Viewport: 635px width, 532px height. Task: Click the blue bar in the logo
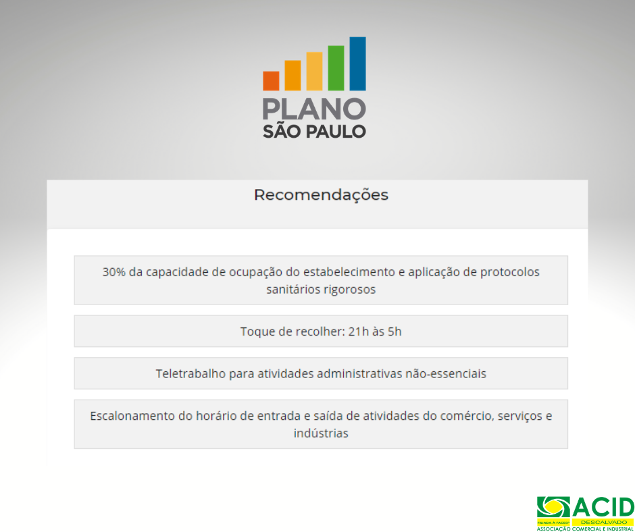click(357, 63)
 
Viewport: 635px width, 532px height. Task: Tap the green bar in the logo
click(336, 68)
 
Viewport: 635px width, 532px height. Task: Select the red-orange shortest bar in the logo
click(271, 81)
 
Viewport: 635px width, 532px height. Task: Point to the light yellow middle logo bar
click(314, 72)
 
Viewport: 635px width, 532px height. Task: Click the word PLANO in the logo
click(314, 109)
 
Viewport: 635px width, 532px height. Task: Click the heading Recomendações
click(321, 195)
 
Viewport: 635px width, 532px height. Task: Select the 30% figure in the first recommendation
click(114, 271)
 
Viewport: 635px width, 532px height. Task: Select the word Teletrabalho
click(191, 373)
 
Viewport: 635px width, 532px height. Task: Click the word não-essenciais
click(446, 373)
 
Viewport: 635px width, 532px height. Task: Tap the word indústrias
click(321, 433)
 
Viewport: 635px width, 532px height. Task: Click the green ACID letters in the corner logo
click(603, 507)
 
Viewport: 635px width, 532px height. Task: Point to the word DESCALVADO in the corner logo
click(603, 523)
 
